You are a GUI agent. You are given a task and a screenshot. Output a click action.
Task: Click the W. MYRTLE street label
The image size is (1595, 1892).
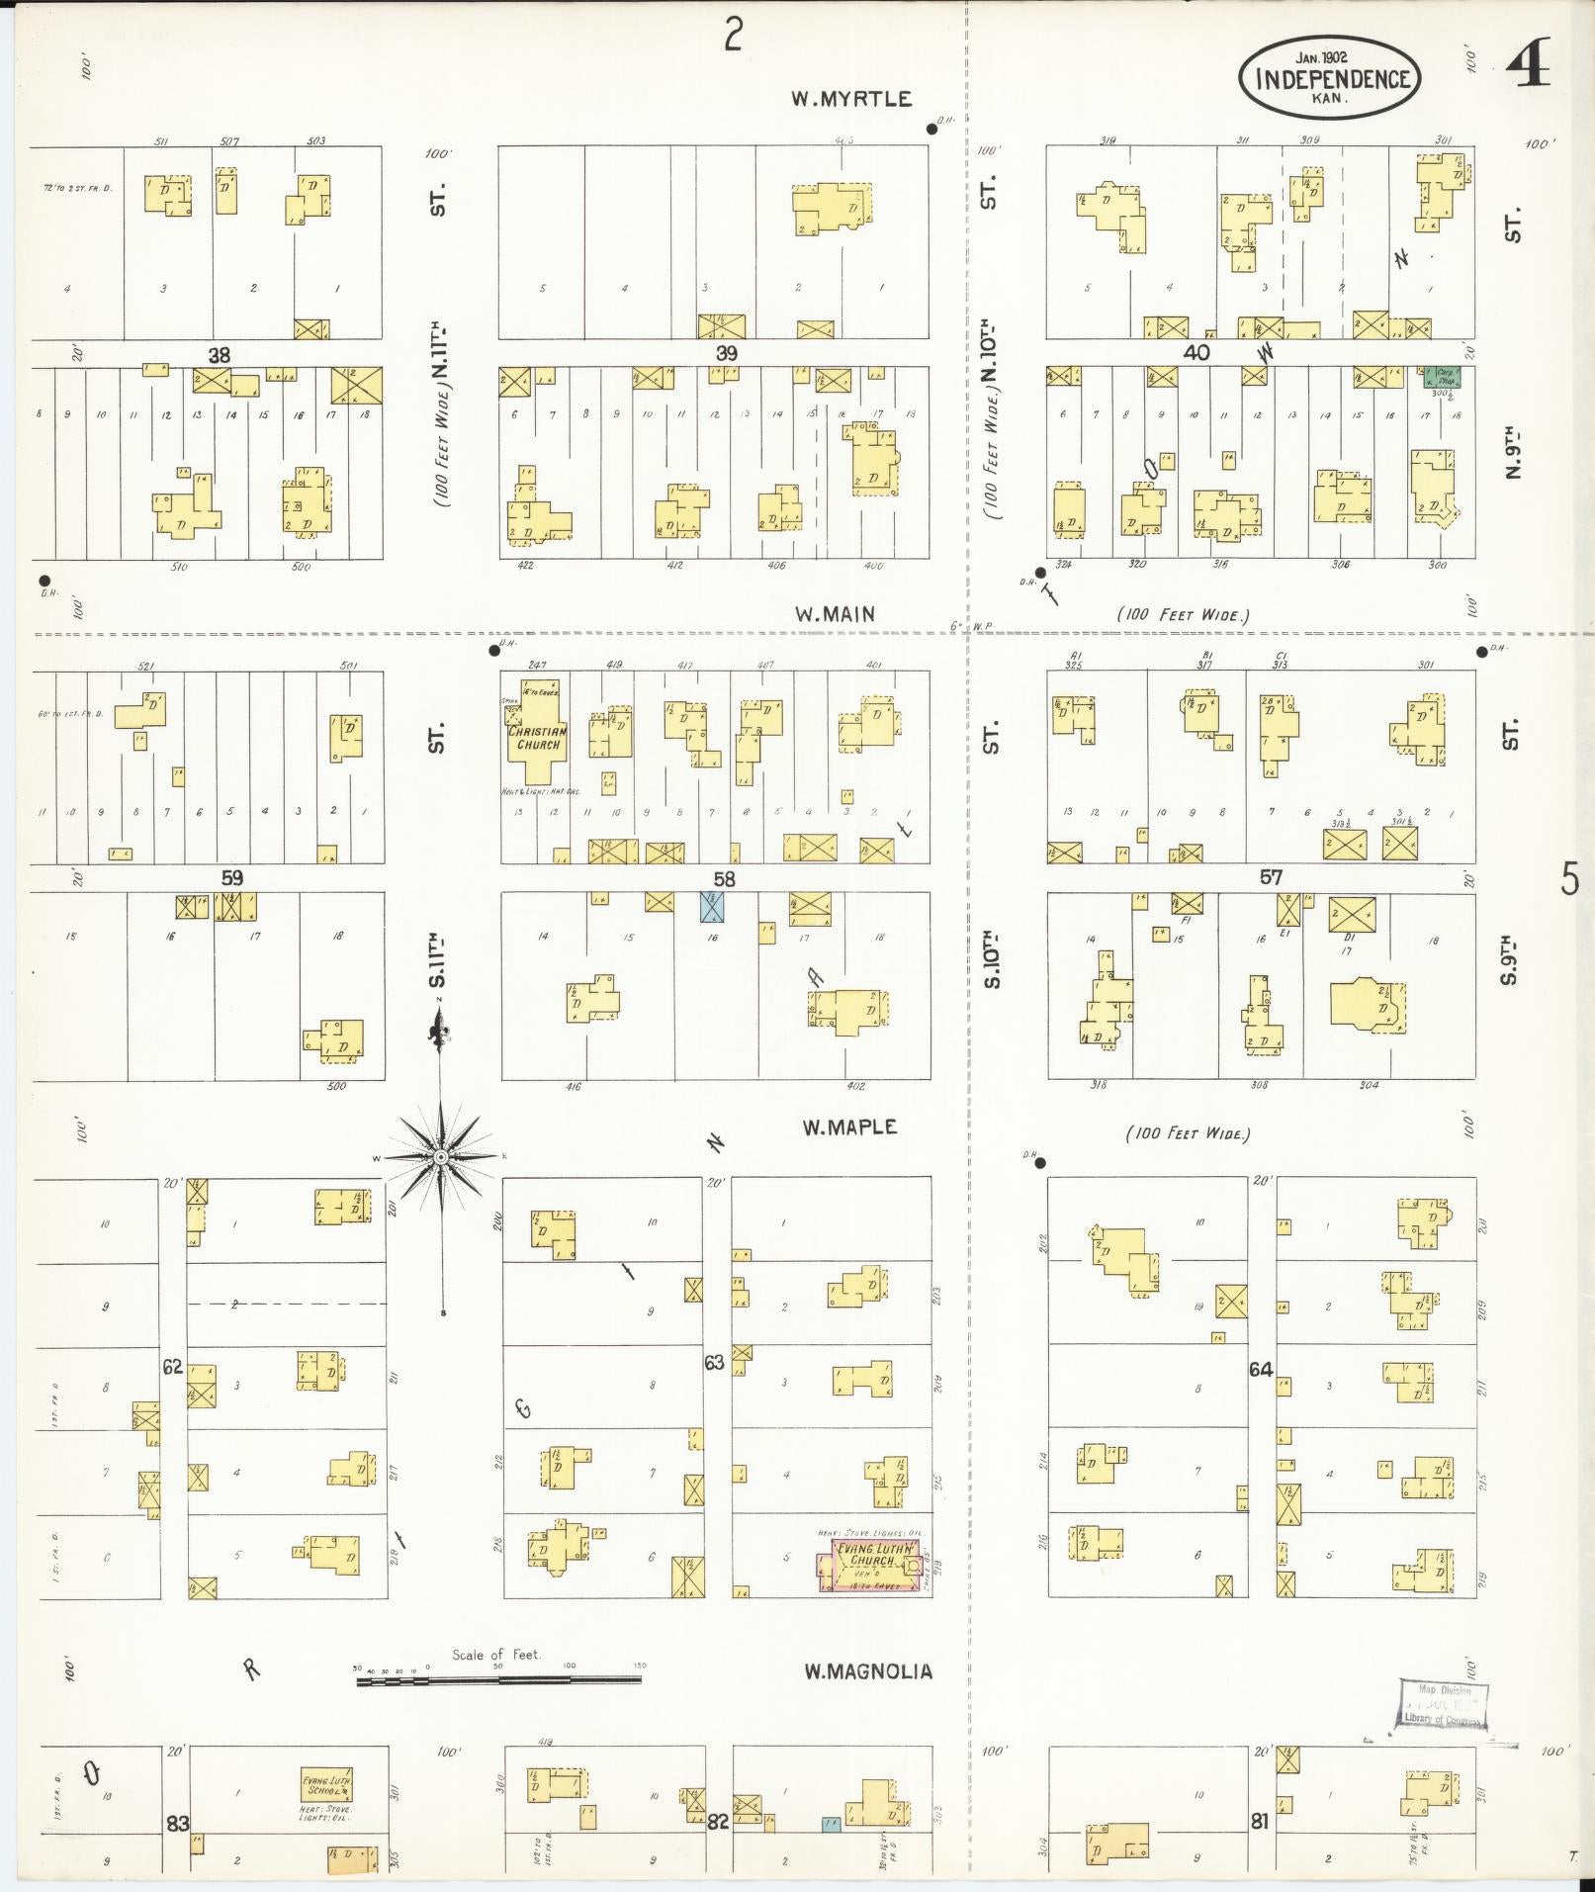point(850,99)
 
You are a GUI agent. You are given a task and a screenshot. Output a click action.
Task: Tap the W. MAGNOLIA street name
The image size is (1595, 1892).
point(867,1670)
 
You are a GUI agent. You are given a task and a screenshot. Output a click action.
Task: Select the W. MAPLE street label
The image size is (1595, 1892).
point(849,1126)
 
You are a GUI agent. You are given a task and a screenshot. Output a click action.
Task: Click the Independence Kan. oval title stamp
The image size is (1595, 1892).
point(1331,79)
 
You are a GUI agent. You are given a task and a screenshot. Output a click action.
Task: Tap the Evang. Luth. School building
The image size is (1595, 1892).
point(326,1785)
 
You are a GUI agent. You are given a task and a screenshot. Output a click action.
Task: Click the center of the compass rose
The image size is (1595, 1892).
point(442,1156)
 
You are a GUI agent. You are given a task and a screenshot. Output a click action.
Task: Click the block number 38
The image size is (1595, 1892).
point(219,354)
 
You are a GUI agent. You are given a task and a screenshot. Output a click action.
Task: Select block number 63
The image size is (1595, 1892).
point(714,1363)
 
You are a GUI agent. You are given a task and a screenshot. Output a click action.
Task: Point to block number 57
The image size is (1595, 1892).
point(1271,876)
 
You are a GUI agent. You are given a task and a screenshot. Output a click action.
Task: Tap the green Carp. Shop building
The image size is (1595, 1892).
point(1443,376)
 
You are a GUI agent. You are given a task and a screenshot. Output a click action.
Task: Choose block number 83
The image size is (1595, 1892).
point(177,1823)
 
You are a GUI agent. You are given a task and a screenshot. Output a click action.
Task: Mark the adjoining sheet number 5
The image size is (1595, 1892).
point(1569,878)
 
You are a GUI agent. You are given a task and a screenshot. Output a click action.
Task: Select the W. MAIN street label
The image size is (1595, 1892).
point(835,614)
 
